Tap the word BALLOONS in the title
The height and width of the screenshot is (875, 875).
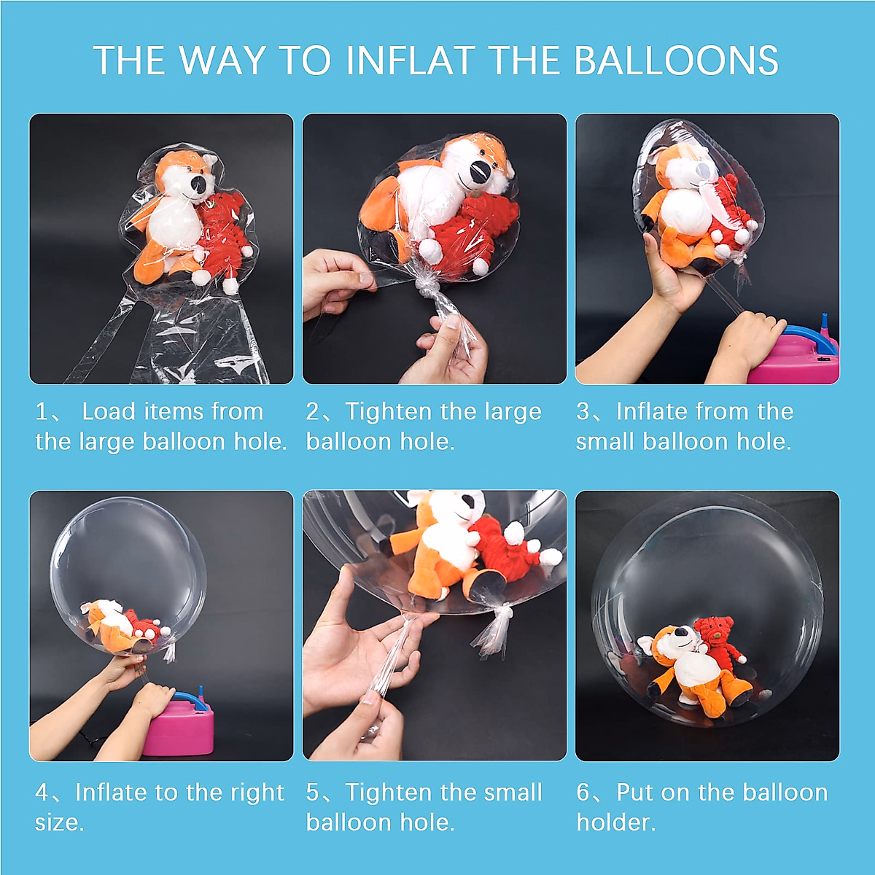pos(676,61)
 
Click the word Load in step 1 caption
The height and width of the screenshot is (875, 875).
pos(109,411)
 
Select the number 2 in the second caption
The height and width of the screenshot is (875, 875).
pos(312,411)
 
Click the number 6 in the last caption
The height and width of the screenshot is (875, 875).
pos(583,793)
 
